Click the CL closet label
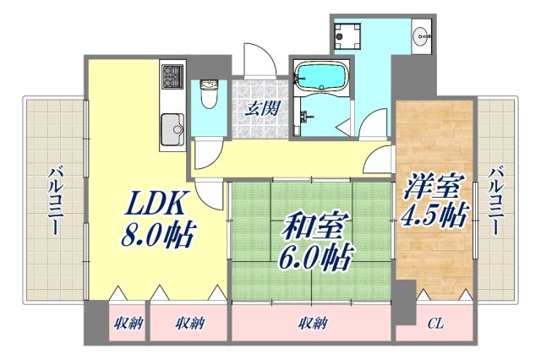[x=434, y=323]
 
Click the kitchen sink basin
[x=172, y=131]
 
